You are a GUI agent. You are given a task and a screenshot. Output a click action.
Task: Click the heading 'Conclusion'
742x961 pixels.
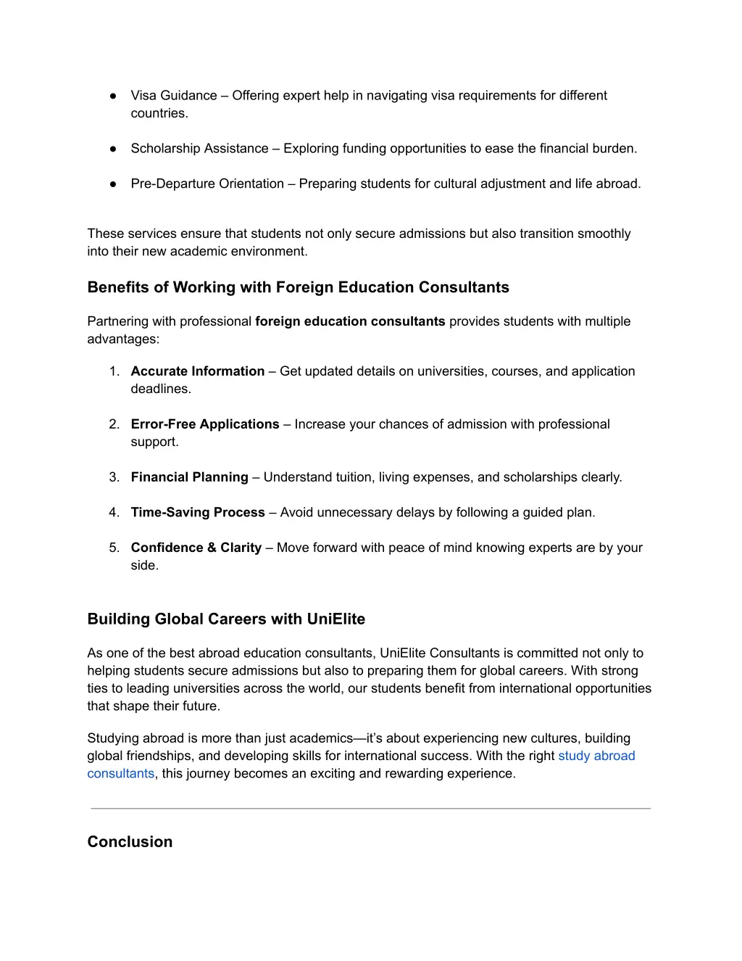point(130,842)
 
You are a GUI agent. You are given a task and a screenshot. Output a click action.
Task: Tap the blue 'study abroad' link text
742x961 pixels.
point(596,756)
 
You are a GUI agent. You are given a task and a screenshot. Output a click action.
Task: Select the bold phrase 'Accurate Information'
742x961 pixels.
point(197,371)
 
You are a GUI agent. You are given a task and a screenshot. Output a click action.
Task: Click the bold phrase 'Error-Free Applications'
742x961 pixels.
point(204,424)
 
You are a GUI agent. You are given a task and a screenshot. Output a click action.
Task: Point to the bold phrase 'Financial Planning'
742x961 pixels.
point(189,477)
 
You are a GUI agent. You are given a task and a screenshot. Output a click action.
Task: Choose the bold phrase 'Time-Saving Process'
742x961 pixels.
point(198,513)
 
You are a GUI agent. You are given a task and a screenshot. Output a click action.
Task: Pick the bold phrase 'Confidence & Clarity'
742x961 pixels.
point(196,548)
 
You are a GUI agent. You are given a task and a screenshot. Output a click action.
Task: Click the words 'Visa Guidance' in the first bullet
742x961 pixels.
point(174,96)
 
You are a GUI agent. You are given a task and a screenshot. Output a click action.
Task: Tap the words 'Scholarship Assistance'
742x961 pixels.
point(199,149)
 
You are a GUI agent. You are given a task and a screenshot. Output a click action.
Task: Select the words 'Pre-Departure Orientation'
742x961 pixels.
point(207,184)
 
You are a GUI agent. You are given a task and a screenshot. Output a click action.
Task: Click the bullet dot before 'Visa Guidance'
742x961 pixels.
point(114,96)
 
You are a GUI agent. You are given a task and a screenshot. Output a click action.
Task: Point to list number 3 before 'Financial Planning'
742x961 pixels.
point(114,477)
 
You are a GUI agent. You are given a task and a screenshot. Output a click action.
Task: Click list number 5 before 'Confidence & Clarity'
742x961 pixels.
point(114,548)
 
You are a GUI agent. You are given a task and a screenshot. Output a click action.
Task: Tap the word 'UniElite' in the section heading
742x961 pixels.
point(335,619)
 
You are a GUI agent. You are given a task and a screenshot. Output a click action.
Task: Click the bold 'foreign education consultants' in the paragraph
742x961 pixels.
point(350,321)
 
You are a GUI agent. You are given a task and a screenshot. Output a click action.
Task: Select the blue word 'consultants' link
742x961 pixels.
point(120,774)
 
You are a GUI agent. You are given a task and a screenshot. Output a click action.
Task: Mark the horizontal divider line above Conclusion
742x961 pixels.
point(370,808)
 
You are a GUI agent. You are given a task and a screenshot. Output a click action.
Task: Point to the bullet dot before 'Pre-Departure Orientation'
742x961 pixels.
point(114,184)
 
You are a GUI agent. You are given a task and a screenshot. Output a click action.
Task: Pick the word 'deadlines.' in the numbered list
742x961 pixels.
point(161,389)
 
